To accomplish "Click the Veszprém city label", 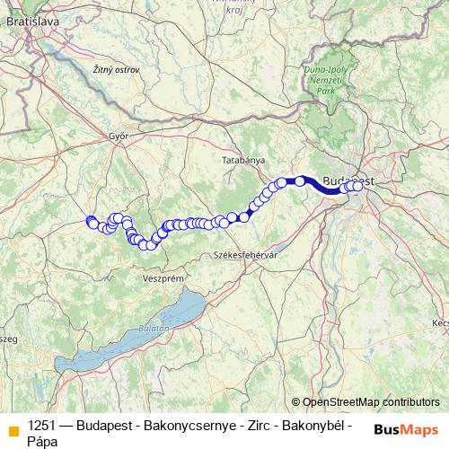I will tap(163, 279).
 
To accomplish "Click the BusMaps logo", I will tap(407, 429).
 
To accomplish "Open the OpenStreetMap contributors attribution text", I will tap(370, 402).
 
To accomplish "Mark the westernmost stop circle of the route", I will tap(90, 221).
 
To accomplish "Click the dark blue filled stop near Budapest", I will tap(300, 181).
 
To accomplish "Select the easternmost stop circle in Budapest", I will tap(356, 186).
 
